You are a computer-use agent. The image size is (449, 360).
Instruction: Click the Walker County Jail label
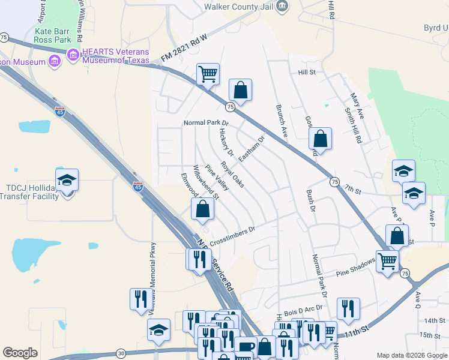click(x=238, y=7)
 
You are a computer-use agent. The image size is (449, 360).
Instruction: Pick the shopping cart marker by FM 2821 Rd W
click(x=208, y=74)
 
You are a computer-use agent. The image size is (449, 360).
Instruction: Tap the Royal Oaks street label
click(x=232, y=175)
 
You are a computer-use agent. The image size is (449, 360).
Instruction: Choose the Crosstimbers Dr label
click(x=233, y=233)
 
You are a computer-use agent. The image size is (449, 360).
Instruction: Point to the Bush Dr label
click(x=310, y=201)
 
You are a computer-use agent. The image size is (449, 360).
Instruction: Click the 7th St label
click(x=352, y=190)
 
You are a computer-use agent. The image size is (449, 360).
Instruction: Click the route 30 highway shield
click(x=121, y=353)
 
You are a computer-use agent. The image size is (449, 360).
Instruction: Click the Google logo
click(x=20, y=353)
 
